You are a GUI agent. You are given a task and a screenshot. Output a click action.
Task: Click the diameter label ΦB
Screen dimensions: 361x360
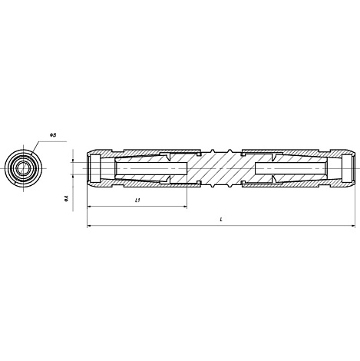54,135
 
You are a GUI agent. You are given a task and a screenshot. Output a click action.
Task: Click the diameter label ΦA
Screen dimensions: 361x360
68,198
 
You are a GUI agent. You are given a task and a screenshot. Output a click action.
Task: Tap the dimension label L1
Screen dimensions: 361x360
137,200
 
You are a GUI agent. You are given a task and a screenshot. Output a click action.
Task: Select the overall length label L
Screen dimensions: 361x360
221,220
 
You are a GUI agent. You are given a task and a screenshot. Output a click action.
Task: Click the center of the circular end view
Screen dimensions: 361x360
24,167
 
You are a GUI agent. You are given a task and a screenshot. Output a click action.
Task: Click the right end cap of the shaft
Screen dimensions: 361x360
349,167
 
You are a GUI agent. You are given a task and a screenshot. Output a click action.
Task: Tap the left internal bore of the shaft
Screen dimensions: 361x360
142,167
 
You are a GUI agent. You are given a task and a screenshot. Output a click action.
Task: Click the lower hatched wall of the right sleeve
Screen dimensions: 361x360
292,184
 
